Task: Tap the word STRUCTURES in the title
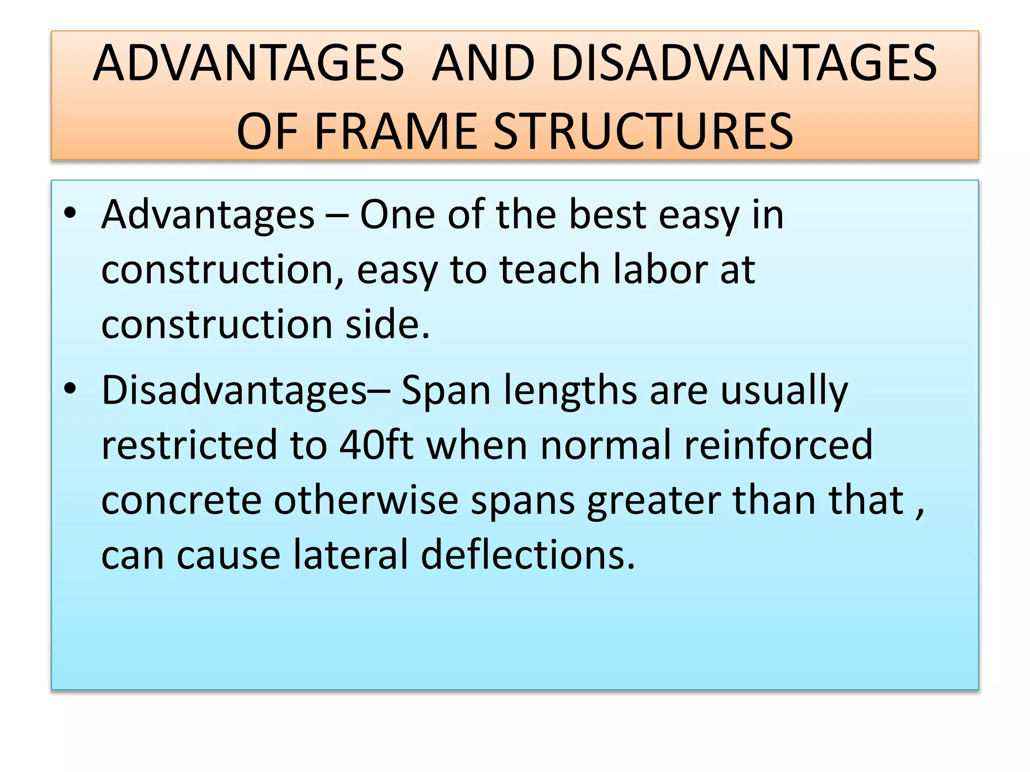643,131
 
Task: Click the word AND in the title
483,63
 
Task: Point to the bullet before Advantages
70,213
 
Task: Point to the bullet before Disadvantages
70,389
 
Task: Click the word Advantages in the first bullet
208,215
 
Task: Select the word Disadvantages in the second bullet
234,390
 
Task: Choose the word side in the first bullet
387,324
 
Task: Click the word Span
446,391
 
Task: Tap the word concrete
181,501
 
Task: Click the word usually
784,391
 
